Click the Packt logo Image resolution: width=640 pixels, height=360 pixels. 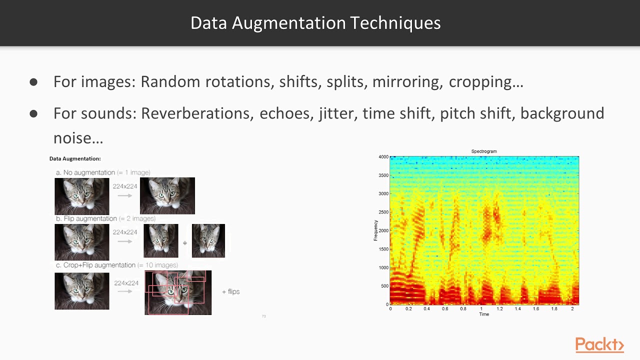599,345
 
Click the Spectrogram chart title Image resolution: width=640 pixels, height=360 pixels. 484,151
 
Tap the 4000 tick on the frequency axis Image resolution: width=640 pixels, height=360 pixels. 383,157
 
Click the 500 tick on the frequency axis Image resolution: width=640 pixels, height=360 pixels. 384,286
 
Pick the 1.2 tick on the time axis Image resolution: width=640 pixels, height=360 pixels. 499,309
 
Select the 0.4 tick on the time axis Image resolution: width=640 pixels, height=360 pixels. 426,309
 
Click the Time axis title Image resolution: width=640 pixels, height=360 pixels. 484,314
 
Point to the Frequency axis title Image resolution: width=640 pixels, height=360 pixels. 376,230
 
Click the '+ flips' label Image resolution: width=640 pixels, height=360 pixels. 230,291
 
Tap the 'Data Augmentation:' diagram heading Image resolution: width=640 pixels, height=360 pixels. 75,158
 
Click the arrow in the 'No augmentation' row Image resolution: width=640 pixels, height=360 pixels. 124,195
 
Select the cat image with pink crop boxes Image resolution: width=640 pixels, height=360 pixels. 178,292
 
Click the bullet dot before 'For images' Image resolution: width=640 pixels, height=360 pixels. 33,82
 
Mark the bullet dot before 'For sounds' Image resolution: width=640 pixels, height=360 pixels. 33,114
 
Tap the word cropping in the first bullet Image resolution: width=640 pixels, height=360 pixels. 485,81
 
